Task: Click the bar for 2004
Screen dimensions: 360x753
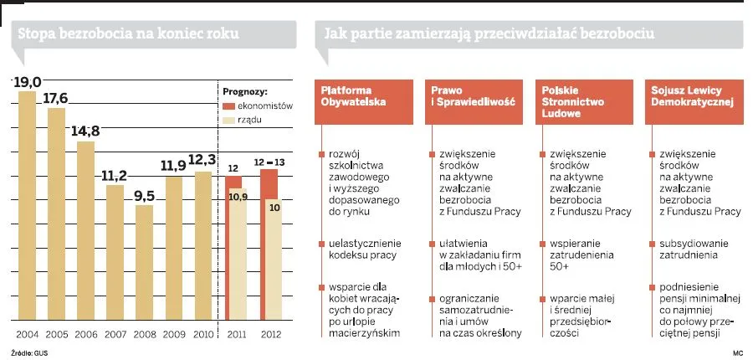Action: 27,205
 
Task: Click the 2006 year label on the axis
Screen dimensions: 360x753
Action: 85,335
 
